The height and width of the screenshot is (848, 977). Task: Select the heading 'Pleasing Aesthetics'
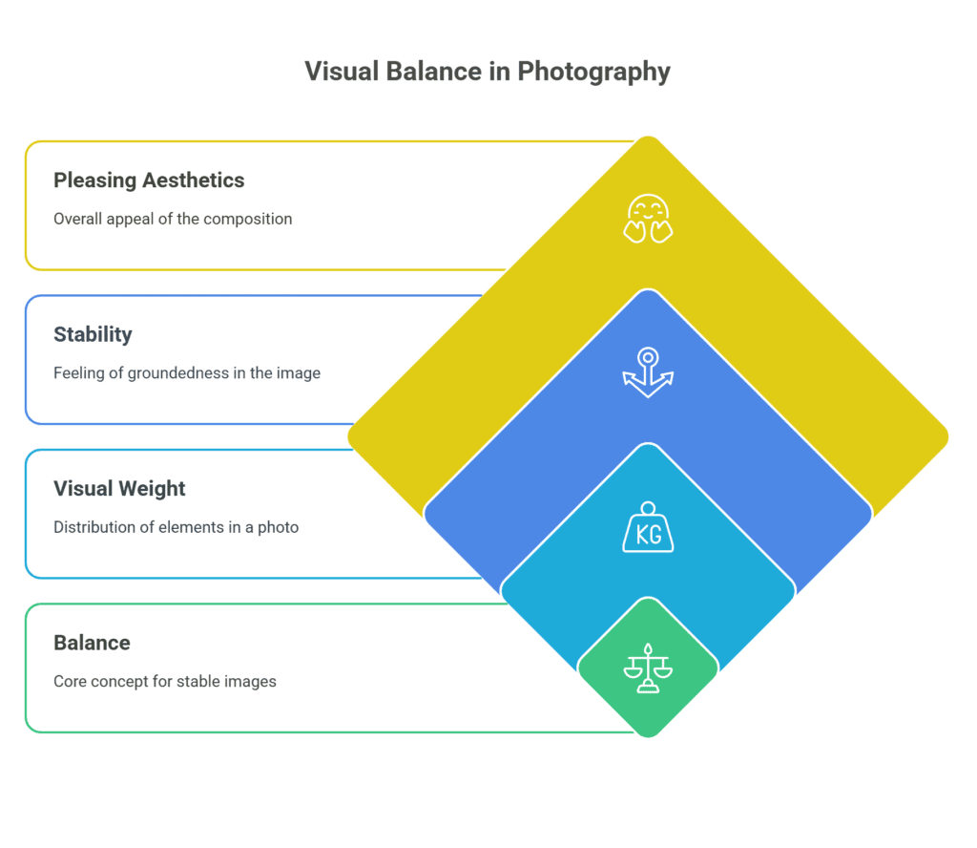click(149, 180)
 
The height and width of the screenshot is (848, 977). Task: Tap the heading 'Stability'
click(93, 335)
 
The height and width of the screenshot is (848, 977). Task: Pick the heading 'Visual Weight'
click(119, 489)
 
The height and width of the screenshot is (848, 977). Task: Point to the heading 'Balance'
click(93, 643)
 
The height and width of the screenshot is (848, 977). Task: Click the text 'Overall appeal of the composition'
click(173, 220)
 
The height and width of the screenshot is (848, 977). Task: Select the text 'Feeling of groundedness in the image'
click(187, 373)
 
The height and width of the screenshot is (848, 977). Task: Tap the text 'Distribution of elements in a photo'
click(177, 527)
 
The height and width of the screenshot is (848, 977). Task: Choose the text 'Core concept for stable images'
click(165, 682)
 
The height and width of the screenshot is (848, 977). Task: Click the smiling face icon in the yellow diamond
click(648, 219)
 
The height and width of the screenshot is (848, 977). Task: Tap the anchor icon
click(648, 372)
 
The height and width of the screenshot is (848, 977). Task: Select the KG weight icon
click(648, 527)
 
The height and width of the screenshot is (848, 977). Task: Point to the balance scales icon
click(648, 668)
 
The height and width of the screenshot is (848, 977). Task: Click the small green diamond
click(648, 668)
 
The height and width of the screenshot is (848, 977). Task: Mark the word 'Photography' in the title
click(593, 73)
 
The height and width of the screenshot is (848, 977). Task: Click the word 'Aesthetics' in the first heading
click(193, 180)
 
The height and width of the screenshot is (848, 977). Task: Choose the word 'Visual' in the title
click(343, 72)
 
